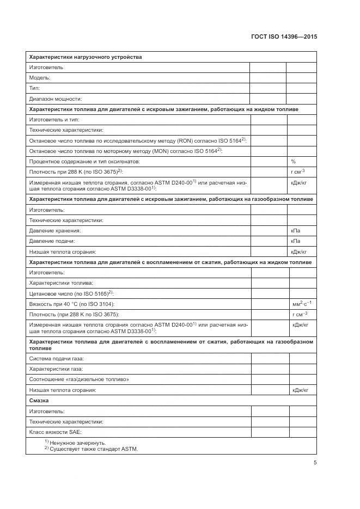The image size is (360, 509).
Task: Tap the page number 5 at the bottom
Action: click(315, 463)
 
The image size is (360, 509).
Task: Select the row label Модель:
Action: click(40, 78)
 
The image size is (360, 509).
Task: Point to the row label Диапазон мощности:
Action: click(55, 99)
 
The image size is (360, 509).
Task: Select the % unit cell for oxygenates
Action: click(293, 161)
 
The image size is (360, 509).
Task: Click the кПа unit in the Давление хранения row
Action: click(295, 231)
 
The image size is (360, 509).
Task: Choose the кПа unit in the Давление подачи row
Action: click(295, 241)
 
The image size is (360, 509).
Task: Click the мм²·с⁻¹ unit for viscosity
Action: click(301, 303)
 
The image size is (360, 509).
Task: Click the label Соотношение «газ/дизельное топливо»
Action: click(79, 379)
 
